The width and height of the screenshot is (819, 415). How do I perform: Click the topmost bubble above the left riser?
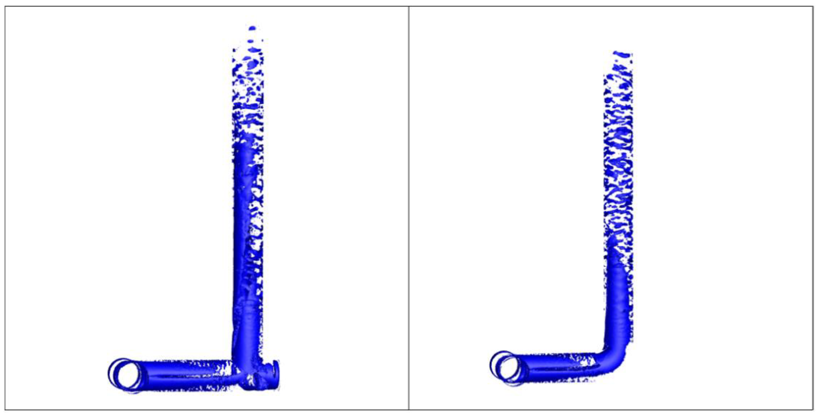pyautogui.click(x=252, y=28)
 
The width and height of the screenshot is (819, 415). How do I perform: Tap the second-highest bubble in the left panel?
pyautogui.click(x=251, y=41)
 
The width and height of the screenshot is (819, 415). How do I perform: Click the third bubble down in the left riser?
pyautogui.click(x=254, y=50)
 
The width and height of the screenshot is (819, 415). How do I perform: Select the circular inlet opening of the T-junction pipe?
pyautogui.click(x=129, y=376)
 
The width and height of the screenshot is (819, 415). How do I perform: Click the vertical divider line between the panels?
pyautogui.click(x=409, y=207)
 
